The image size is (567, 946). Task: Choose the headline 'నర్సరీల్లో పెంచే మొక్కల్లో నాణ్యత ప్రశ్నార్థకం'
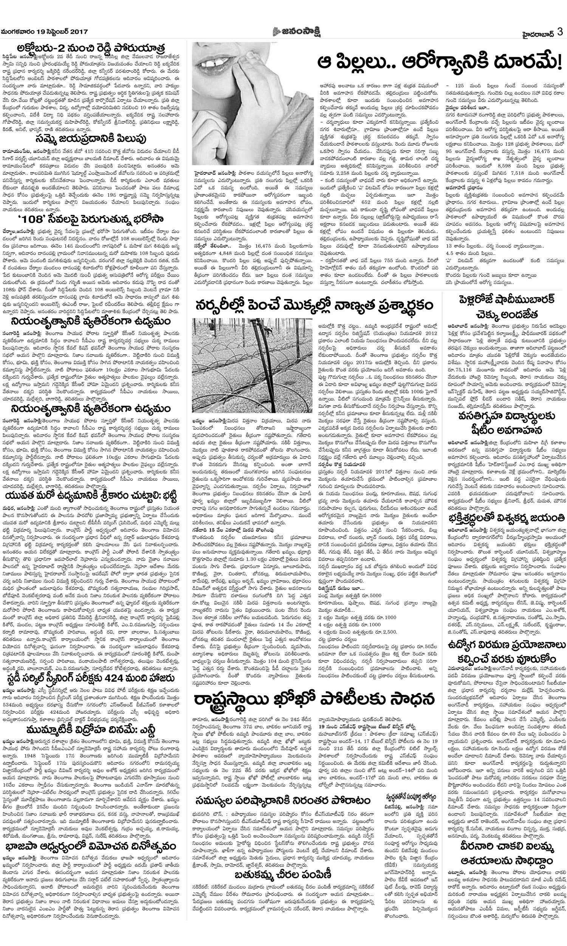point(314,305)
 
